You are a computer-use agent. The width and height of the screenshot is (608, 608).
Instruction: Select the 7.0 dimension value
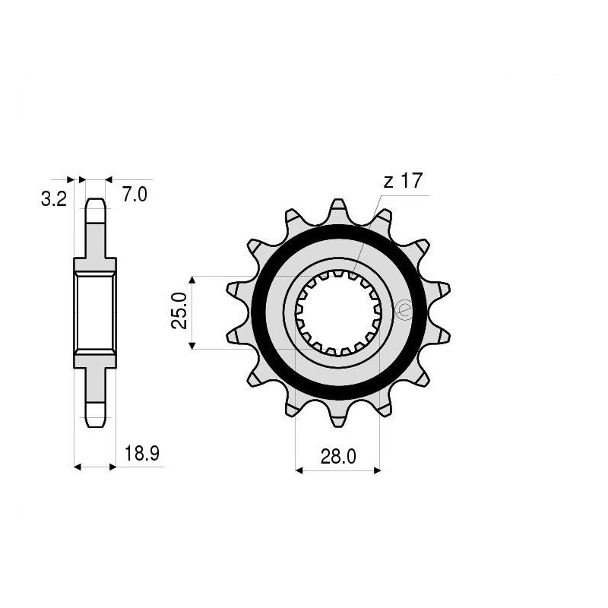tap(134, 195)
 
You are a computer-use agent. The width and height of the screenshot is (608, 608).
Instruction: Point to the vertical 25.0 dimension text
tap(179, 312)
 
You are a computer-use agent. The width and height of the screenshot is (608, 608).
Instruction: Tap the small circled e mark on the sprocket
tap(404, 310)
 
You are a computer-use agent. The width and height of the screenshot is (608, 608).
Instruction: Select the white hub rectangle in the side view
tap(95, 312)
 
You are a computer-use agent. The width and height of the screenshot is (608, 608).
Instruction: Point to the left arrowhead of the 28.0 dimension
tap(299, 470)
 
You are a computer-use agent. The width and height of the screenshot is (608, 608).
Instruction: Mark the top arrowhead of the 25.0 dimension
tap(193, 280)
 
